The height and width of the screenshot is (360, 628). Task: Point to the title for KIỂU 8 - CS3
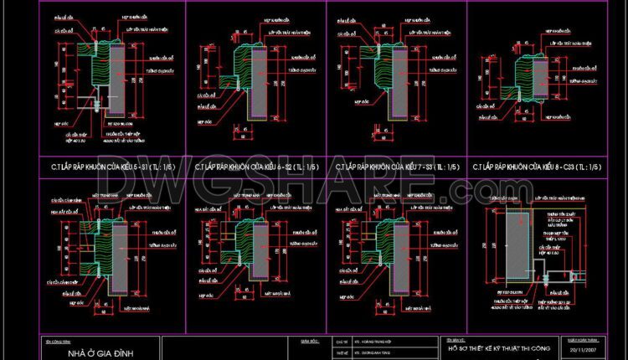[537, 167]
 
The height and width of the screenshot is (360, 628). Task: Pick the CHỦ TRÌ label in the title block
[340, 342]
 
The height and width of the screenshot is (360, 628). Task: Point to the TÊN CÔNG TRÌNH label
[54, 342]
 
